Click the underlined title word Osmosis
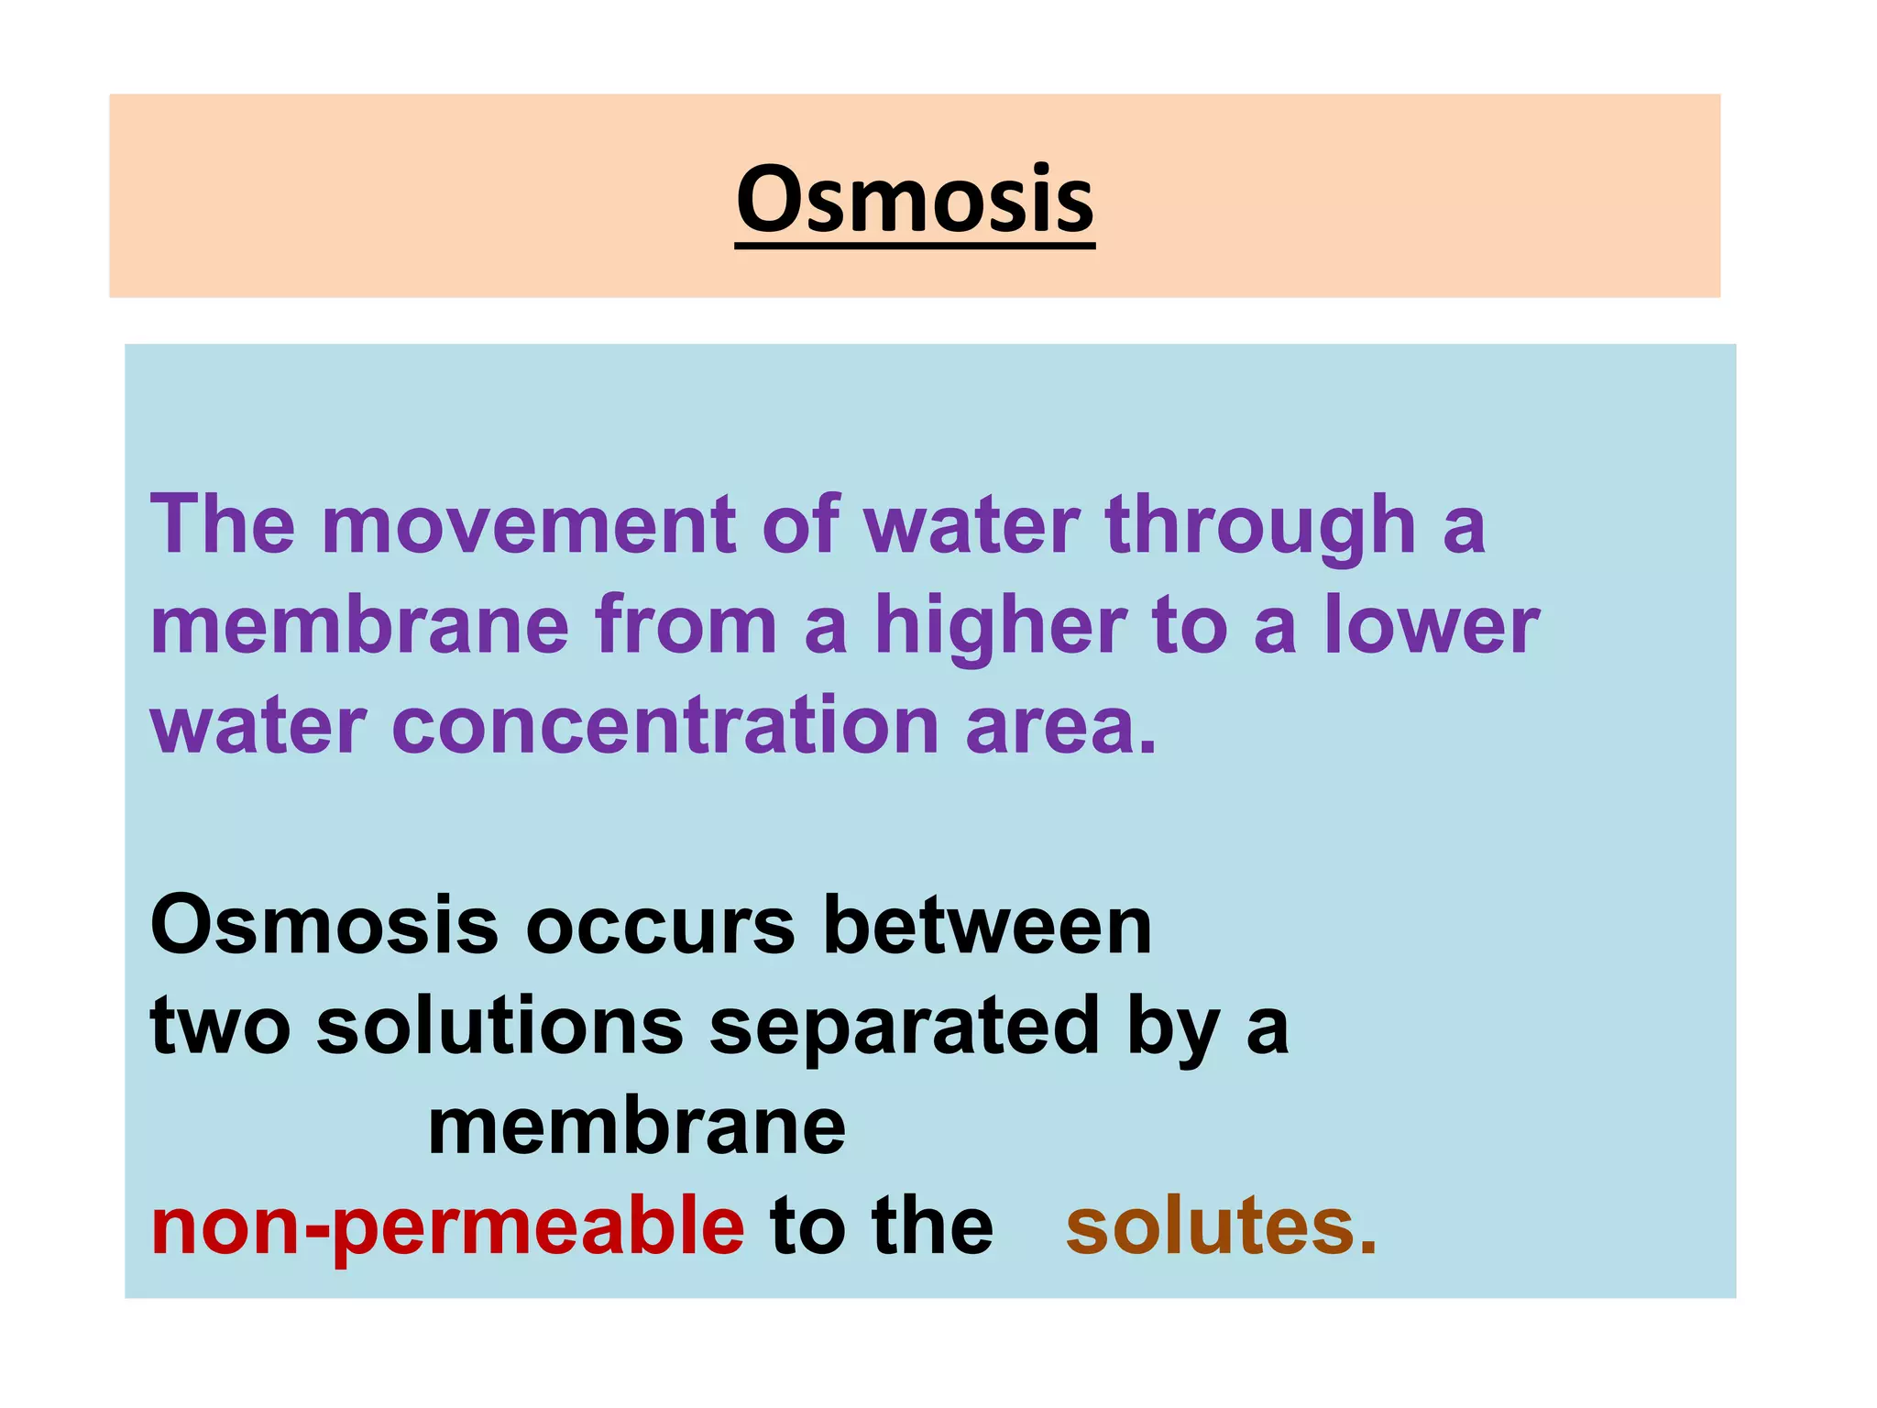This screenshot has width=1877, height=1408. pyautogui.click(x=915, y=199)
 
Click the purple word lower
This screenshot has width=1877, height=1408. pyautogui.click(x=1432, y=625)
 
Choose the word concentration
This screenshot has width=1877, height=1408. pyautogui.click(x=664, y=725)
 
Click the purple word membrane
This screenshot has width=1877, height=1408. pyautogui.click(x=360, y=625)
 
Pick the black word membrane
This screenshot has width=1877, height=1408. pyautogui.click(x=637, y=1127)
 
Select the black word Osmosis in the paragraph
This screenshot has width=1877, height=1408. pyautogui.click(x=324, y=926)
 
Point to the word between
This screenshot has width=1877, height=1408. pyautogui.click(x=987, y=926)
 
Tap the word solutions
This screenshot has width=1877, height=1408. pyautogui.click(x=499, y=1026)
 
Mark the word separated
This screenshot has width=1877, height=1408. pyautogui.click(x=904, y=1028)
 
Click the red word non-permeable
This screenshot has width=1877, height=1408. pyautogui.click(x=447, y=1228)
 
